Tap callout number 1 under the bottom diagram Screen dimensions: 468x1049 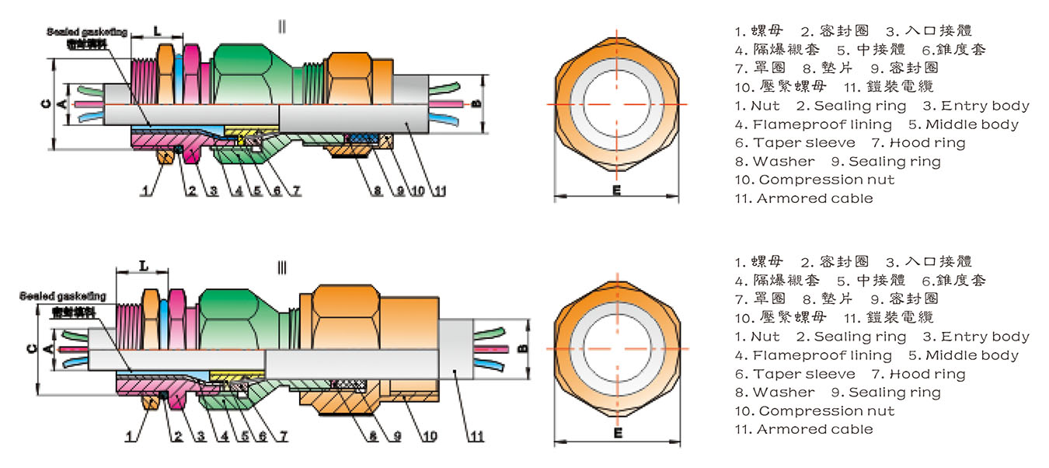click(x=130, y=437)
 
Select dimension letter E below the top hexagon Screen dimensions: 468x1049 click(x=616, y=190)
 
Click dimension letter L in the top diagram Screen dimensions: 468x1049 click(x=157, y=31)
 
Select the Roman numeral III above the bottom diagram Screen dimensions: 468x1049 click(x=282, y=268)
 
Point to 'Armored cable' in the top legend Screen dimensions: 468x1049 click(x=814, y=198)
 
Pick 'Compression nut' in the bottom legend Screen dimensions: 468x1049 click(x=826, y=410)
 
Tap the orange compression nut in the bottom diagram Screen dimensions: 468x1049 click(x=342, y=319)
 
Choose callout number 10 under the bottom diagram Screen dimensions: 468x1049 click(x=430, y=437)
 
